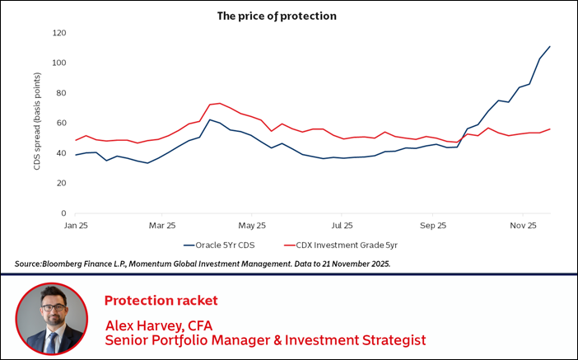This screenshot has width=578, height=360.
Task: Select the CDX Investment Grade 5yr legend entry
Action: click(343, 245)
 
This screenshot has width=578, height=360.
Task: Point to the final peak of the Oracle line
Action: click(549, 46)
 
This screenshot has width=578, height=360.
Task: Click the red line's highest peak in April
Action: click(219, 103)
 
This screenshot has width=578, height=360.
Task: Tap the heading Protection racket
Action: click(161, 300)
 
